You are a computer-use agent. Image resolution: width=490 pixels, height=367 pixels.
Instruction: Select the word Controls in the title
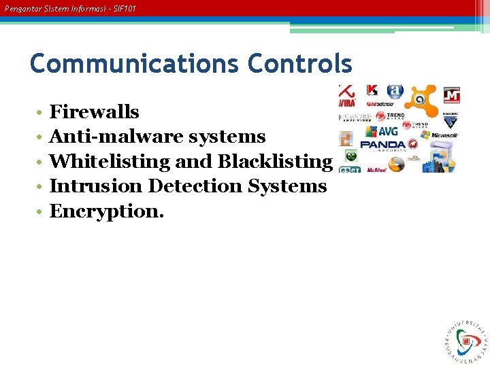(300, 64)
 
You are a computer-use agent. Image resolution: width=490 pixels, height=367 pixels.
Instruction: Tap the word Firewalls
(95, 112)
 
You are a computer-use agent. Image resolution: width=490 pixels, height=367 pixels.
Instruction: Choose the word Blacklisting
(274, 162)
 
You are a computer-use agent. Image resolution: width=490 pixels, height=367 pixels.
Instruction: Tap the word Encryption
(107, 211)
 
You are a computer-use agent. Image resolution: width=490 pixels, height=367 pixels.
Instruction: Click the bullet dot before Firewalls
(41, 113)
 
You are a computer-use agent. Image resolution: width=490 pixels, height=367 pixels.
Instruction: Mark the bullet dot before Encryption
(41, 212)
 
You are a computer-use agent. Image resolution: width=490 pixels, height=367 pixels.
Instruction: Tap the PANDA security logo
(382, 145)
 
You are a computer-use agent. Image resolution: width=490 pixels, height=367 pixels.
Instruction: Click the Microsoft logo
(444, 135)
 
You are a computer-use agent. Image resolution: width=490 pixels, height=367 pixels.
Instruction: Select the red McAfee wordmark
(376, 170)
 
